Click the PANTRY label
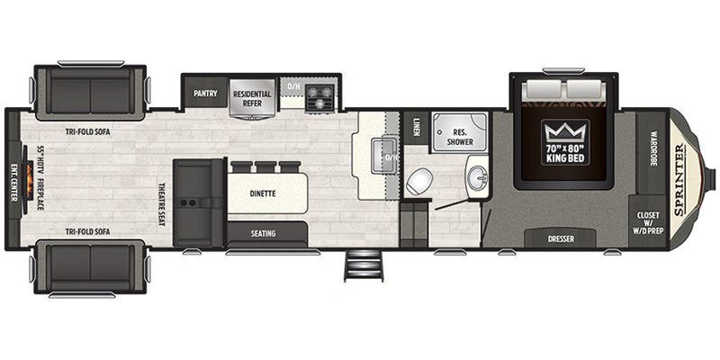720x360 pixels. point(205,94)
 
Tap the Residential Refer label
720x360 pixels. point(252,99)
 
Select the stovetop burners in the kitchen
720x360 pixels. point(319,97)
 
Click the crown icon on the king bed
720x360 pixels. point(565,133)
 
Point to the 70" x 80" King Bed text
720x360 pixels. point(565,154)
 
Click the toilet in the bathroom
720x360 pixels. point(419,181)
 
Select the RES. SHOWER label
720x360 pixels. point(460,138)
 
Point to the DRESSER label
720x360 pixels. point(561,239)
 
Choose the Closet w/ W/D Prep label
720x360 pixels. point(648,222)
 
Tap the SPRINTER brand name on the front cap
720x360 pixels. point(680,179)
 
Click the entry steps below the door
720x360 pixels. point(364,265)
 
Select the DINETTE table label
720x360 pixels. point(263,193)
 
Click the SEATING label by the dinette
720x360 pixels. point(263,234)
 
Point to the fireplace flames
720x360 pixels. point(30,179)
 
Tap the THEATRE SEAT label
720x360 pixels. point(162,204)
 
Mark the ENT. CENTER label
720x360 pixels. point(13,183)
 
